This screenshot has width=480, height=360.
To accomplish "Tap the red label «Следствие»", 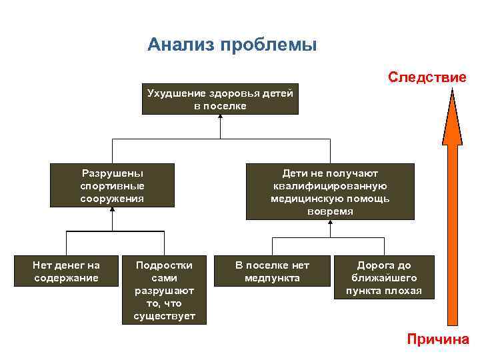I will coord(427,77).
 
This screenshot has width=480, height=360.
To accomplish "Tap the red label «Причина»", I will coord(438,339).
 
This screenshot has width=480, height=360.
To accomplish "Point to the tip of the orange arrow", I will coord(452,89).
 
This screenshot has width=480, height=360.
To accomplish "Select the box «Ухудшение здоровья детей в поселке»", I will coord(220,99).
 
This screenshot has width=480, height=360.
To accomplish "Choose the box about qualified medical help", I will coord(330,192).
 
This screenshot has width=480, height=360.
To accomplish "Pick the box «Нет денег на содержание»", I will coord(66,271).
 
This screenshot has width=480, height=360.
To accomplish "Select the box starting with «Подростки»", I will coord(165,289).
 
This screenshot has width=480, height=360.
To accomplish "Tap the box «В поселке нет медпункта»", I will coord(272,271).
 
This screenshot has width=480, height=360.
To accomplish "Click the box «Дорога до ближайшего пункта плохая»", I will coord(383,277).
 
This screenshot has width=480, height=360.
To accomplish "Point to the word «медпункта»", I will coord(272,277).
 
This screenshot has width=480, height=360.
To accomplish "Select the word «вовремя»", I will coord(330,211).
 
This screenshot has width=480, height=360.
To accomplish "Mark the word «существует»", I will coord(165,315).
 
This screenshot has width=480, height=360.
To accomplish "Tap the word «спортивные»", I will coord(112,185).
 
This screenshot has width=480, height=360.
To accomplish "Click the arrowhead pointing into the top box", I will coord(220,117).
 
